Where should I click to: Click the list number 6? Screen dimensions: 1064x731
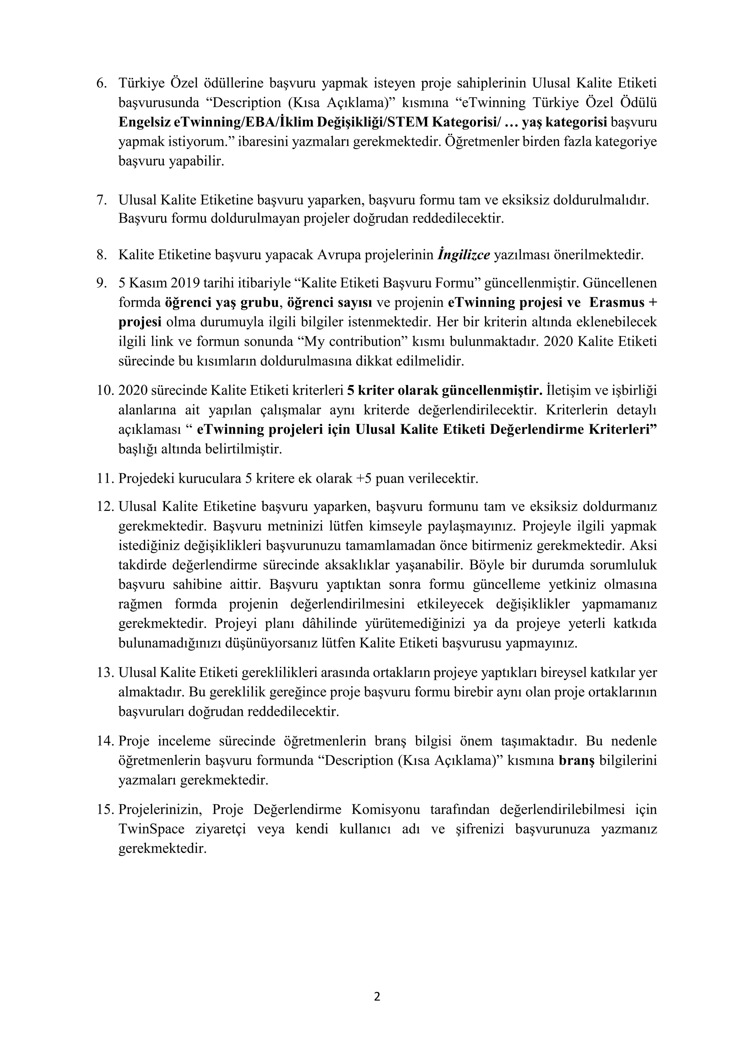(x=101, y=83)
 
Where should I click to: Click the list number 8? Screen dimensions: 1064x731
(x=101, y=254)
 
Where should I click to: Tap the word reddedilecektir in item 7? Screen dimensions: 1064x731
(x=458, y=218)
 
